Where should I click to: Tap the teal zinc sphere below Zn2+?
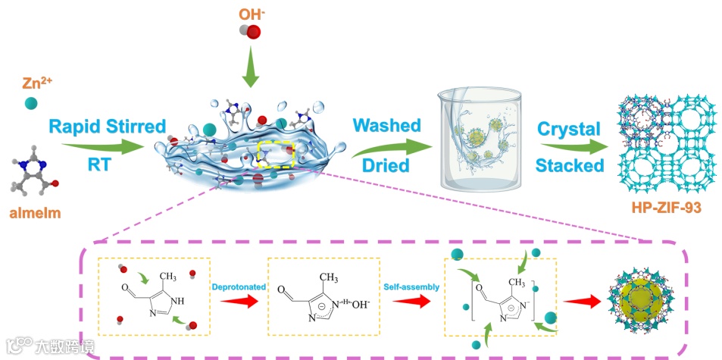(30, 103)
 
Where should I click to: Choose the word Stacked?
(570, 164)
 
